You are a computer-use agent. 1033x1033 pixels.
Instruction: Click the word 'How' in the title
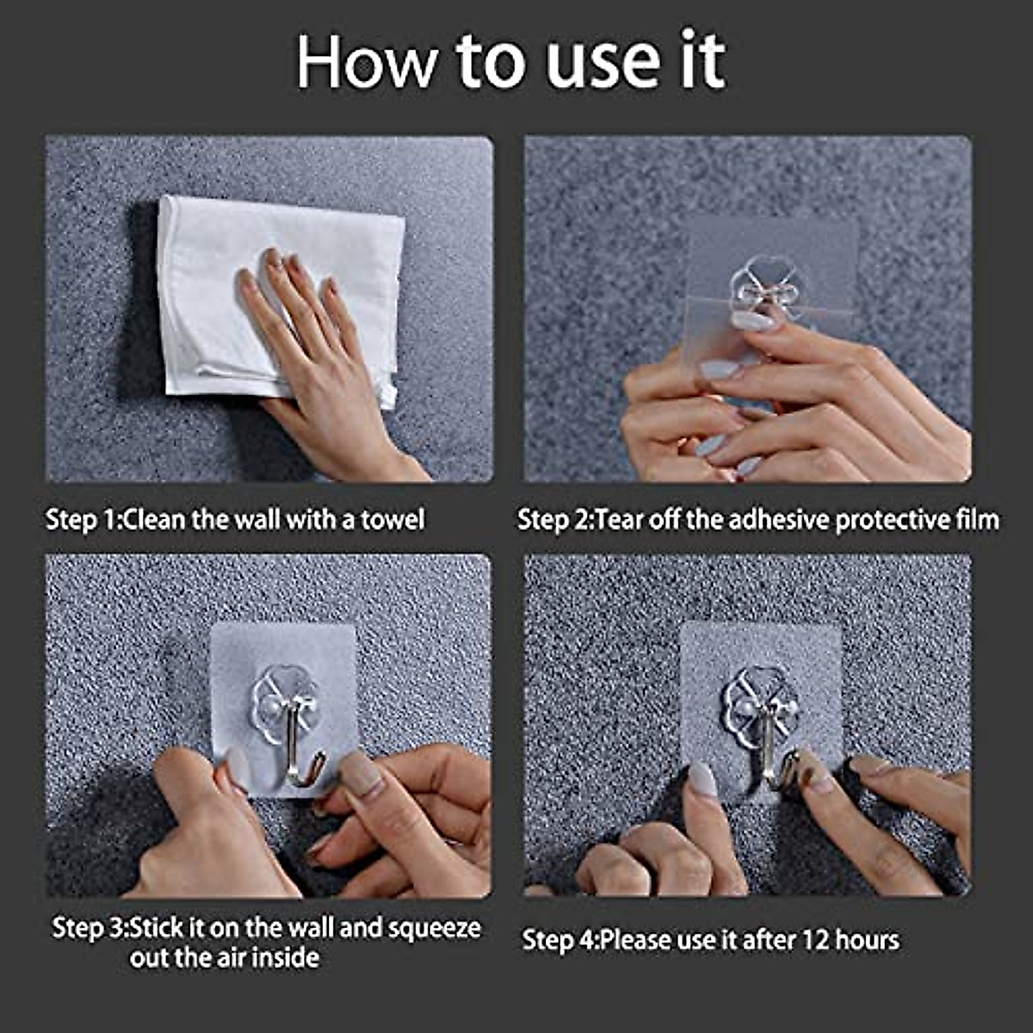pyautogui.click(x=367, y=62)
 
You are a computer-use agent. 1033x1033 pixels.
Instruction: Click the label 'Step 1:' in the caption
pyautogui.click(x=84, y=520)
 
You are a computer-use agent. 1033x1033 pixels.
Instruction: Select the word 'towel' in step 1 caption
pyautogui.click(x=392, y=520)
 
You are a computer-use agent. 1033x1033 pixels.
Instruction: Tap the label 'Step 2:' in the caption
pyautogui.click(x=556, y=520)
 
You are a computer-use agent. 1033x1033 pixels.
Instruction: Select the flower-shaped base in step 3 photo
pyautogui.click(x=284, y=702)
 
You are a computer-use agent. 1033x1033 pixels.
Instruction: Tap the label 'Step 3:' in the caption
pyautogui.click(x=90, y=928)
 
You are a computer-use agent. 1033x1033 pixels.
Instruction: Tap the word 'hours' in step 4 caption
pyautogui.click(x=866, y=940)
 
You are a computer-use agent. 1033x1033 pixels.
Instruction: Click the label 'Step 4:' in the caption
pyautogui.click(x=560, y=940)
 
